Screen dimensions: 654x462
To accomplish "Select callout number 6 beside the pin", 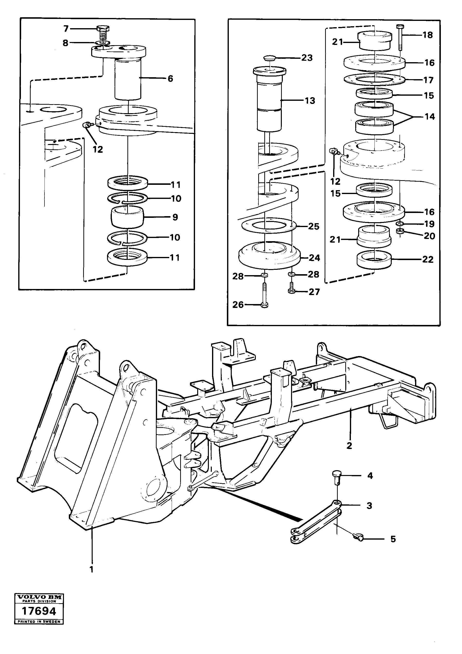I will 170,79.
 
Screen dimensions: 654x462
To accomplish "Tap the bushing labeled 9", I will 127,217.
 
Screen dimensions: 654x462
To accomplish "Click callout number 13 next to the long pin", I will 310,101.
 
